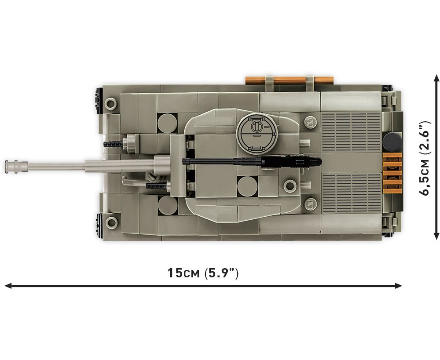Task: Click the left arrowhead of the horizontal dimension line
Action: tap(7, 286)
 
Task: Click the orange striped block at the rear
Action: tap(392, 170)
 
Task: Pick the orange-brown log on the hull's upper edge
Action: tap(290, 80)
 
